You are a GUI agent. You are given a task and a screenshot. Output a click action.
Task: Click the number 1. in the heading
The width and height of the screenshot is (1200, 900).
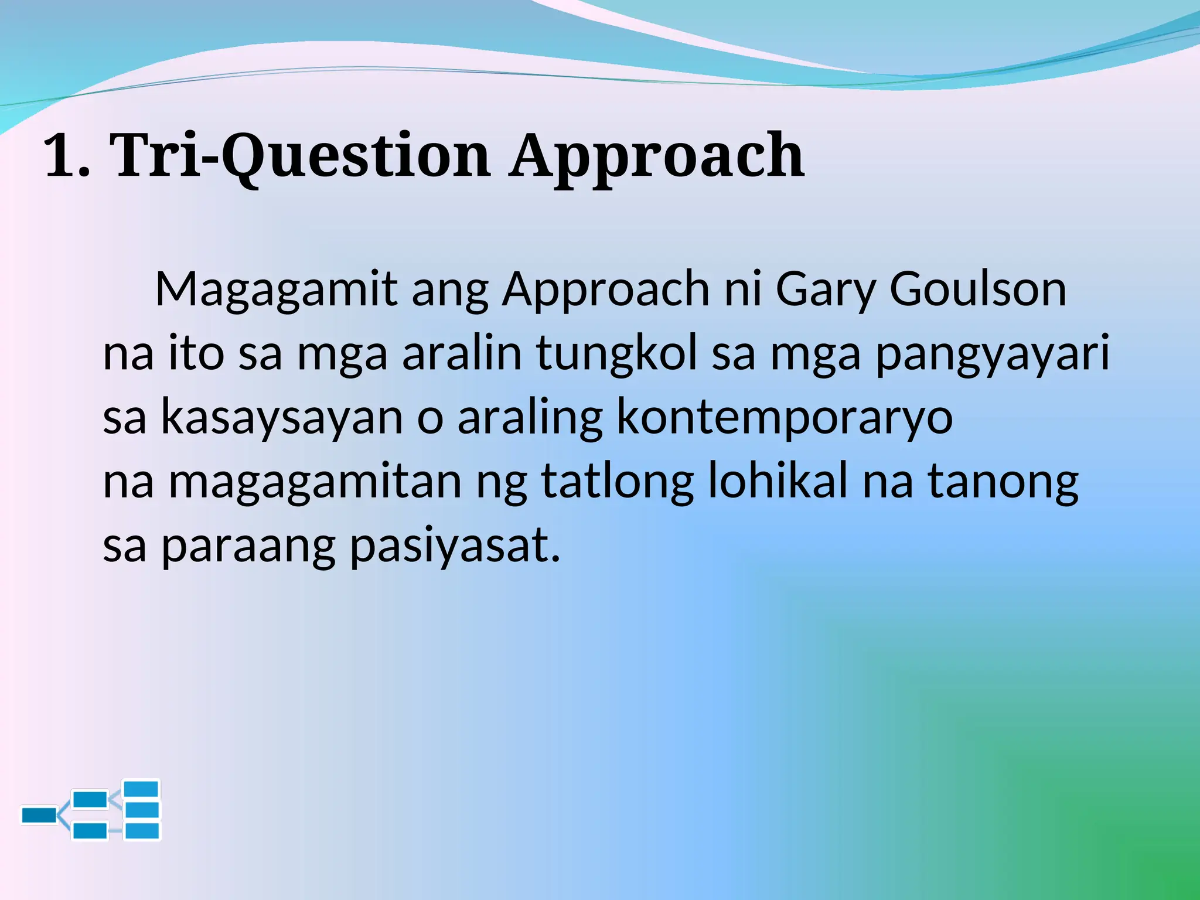coord(67,156)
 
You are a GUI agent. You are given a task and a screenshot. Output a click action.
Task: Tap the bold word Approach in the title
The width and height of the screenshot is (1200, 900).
coord(656,156)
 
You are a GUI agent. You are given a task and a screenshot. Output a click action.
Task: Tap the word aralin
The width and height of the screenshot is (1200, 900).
coord(461,353)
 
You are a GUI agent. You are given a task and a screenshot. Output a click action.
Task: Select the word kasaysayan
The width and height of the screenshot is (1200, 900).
coord(282,417)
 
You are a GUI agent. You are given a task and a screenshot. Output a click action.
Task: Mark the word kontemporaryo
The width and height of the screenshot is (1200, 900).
coord(785,417)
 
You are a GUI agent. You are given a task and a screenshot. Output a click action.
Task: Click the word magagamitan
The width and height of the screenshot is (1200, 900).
coord(315,482)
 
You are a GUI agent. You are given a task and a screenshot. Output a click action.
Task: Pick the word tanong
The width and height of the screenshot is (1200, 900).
coord(1003,482)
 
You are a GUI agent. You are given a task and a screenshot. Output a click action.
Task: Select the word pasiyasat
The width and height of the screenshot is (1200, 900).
coord(455,546)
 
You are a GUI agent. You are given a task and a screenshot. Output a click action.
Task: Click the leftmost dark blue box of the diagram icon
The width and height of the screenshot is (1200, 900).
coord(39,815)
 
